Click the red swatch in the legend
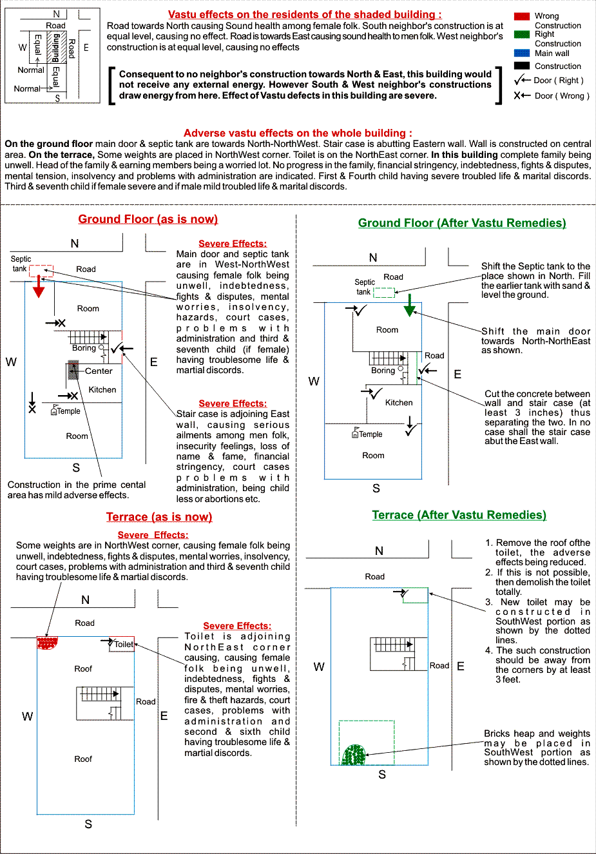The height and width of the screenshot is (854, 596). click(x=522, y=16)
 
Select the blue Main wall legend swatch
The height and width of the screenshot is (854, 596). click(x=522, y=53)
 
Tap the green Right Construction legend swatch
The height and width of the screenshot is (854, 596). click(x=522, y=34)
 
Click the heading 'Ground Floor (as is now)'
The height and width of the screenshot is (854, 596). click(x=148, y=219)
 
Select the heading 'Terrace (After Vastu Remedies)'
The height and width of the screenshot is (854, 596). click(x=459, y=515)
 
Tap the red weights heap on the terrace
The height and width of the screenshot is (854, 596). click(x=46, y=643)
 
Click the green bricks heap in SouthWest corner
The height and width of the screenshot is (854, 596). click(x=354, y=755)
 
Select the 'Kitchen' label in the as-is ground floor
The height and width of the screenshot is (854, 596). click(x=102, y=390)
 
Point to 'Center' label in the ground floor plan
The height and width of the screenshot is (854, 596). click(x=99, y=371)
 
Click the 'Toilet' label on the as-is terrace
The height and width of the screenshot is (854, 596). click(x=124, y=644)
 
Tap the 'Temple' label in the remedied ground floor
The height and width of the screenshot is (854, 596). click(x=370, y=434)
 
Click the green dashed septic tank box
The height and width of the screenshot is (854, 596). click(x=384, y=292)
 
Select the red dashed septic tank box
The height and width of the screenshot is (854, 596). click(x=41, y=270)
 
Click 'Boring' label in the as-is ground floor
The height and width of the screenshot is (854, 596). click(x=84, y=348)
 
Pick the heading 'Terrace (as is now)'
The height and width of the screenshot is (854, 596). click(x=159, y=517)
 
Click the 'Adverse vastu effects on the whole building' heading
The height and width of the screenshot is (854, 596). click(x=298, y=133)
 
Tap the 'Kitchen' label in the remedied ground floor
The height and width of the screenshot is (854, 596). click(x=399, y=403)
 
